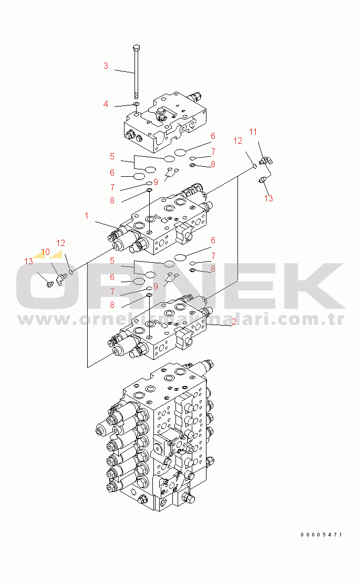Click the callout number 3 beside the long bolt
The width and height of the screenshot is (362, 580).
106,66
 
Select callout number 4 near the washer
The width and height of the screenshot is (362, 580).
106,104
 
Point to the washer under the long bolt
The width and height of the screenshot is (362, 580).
137,104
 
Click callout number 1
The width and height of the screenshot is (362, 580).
86,216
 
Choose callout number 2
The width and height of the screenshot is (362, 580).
234,322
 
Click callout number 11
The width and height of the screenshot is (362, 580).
253,132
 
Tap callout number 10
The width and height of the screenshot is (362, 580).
45,252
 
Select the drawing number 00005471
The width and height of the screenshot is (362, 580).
321,534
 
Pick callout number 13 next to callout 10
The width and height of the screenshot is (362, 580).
28,262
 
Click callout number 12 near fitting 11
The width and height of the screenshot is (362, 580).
237,141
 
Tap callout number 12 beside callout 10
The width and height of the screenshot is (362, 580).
60,243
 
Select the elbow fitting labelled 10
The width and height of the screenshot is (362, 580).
60,278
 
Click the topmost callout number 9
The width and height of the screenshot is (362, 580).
156,182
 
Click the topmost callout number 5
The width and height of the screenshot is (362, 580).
112,156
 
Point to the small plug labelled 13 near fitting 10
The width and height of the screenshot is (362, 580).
50,284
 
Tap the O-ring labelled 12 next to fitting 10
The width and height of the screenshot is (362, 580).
70,273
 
